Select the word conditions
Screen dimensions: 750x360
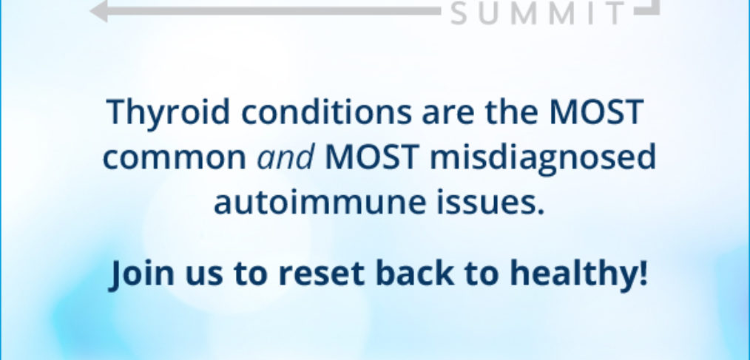click(x=326, y=112)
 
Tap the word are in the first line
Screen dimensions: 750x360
click(x=449, y=115)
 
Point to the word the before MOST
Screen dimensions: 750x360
click(x=512, y=112)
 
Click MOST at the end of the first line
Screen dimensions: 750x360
click(x=596, y=112)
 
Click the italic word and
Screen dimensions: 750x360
click(x=286, y=157)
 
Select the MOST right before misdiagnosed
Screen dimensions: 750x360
click(x=371, y=157)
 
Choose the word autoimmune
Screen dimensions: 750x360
click(x=320, y=201)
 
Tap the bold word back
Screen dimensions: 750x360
click(x=415, y=273)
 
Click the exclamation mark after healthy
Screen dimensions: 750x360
click(x=642, y=273)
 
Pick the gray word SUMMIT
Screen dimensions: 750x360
click(x=538, y=13)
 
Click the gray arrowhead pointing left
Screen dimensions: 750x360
click(x=99, y=10)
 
